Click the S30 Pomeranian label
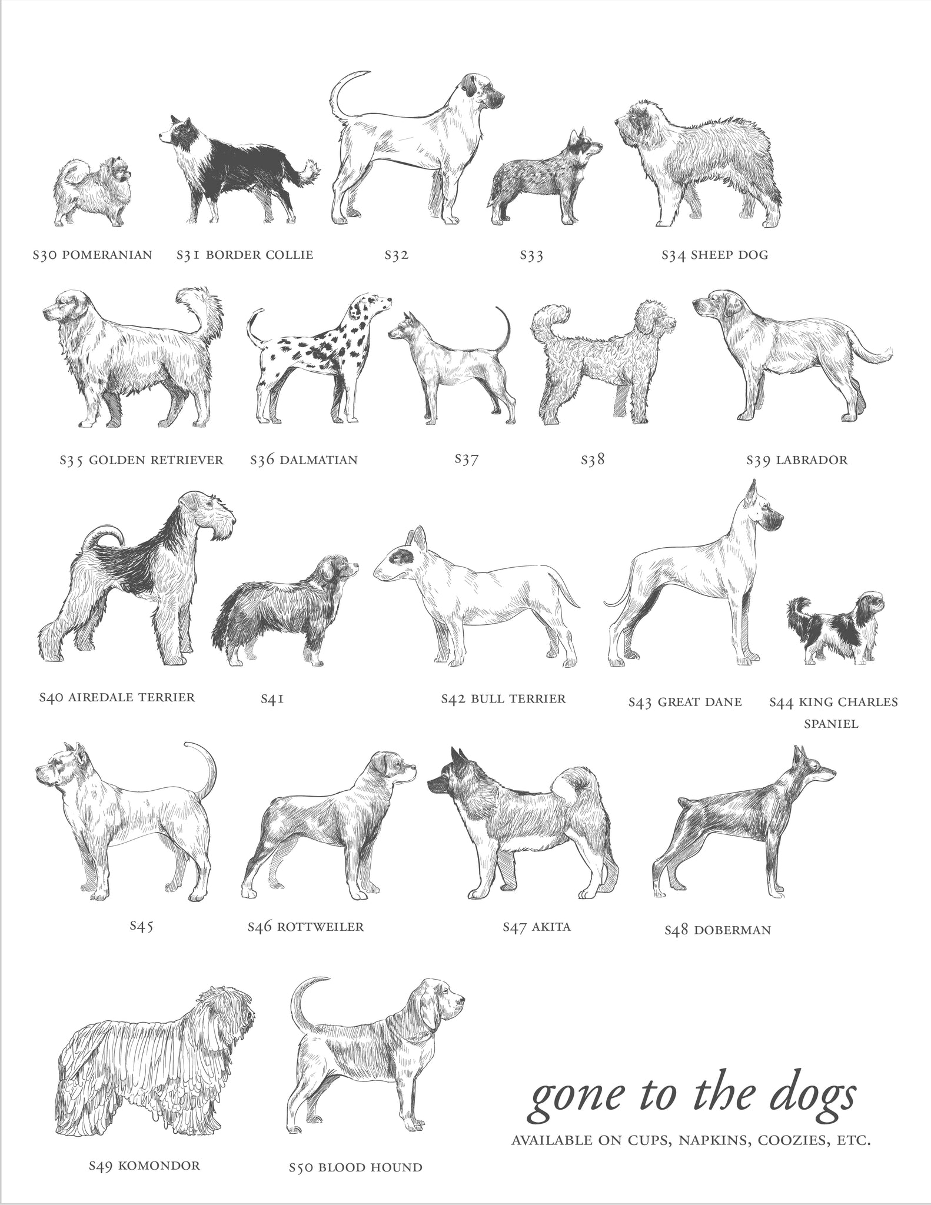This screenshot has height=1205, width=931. [92, 255]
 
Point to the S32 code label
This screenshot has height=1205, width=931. [396, 255]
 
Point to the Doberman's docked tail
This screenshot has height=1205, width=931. [683, 801]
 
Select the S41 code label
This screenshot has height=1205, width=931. [272, 699]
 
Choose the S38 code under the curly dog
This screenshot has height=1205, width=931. [593, 460]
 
